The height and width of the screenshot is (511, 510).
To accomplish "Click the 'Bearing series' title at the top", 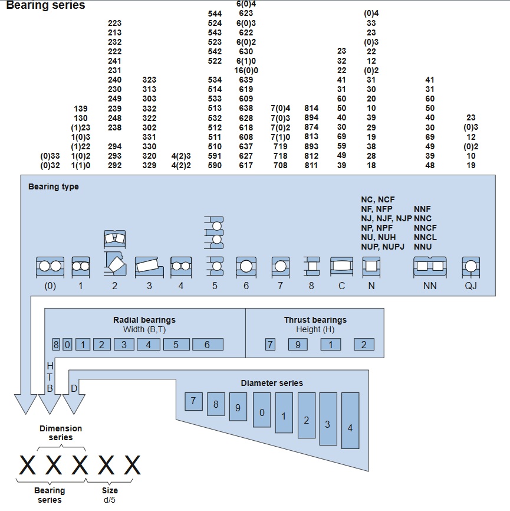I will coord(45,6).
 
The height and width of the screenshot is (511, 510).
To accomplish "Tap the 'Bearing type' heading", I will coord(53,187).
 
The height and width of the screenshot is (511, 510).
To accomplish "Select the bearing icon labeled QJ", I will coord(470,267).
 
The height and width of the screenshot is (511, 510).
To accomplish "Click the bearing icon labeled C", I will coord(341,267).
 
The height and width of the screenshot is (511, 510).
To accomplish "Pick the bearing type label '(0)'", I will coord(50,286).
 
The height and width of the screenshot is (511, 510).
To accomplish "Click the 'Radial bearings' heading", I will coord(144,320).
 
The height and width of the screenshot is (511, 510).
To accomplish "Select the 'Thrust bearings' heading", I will coord(315,320).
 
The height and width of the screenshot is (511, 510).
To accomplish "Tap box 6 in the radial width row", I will coord(207,345).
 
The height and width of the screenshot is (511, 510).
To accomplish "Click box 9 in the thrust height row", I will coord(298,345).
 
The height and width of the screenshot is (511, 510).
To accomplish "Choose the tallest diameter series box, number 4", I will coord(350,428).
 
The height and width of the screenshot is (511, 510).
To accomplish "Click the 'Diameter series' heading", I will coord(272,383).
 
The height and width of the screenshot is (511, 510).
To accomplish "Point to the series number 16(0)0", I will coord(246,70).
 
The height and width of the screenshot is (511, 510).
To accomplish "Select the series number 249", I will coord(114,99).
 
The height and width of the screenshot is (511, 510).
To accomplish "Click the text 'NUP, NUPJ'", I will coord(383,246).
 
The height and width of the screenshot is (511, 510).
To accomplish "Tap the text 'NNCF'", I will coord(425,228).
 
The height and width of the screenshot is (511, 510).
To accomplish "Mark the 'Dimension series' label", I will coord(61,433).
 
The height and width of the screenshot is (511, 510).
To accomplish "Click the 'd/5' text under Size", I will coord(110,500).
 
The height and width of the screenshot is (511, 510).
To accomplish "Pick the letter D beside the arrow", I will coord(74,388).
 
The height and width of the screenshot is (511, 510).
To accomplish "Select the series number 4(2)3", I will coord(181,156).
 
